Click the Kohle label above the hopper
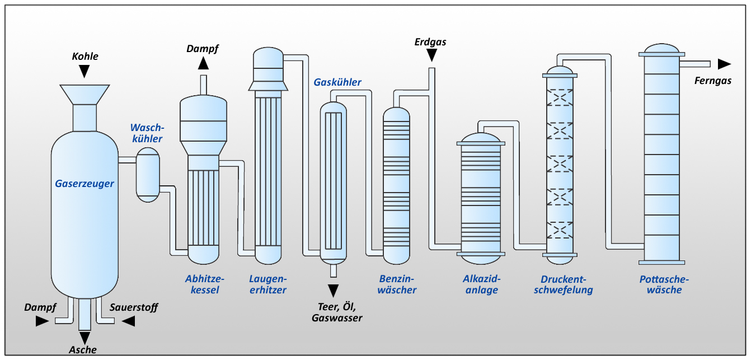pos(85,56)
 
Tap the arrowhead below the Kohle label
pos(85,71)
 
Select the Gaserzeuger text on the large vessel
pos(85,184)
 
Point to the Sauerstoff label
pos(134,307)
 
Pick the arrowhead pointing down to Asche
pos(85,338)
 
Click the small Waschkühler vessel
pos(148,174)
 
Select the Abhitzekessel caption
pos(204,284)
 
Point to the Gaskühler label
pos(337,82)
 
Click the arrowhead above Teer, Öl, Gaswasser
pos(334,291)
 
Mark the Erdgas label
pos(430,42)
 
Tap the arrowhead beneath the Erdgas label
pos(431,55)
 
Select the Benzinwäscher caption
pos(397,284)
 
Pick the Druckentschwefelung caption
pos(566,284)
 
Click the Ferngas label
pos(713,81)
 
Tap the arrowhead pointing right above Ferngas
pos(724,64)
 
